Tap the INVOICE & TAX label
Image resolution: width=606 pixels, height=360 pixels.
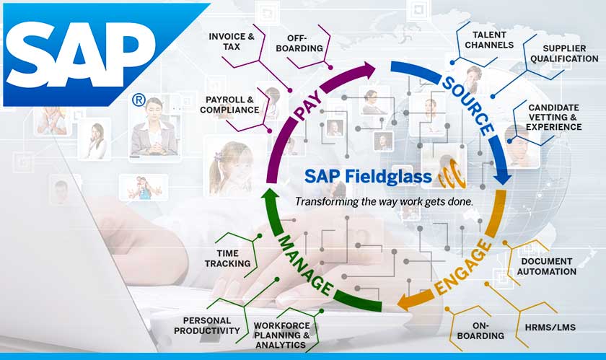pos(231,41)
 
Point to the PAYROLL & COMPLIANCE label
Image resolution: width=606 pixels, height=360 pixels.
pos(232,105)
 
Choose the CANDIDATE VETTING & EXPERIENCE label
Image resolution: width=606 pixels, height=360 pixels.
pos(554,117)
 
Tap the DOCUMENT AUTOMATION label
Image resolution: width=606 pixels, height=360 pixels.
pos(547,266)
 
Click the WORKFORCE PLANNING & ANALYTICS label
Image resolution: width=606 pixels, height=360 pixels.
pos(281,335)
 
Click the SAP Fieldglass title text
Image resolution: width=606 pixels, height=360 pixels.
pos(369,176)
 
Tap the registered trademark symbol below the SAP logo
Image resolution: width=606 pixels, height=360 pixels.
pos(138,100)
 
